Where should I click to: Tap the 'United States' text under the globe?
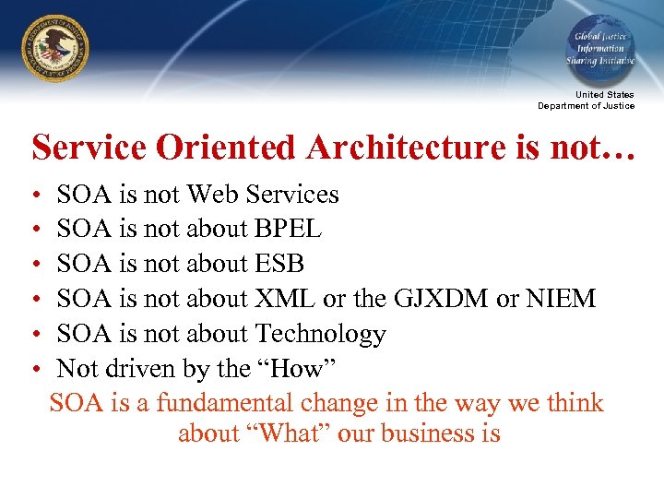tap(604, 95)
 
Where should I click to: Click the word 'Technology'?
tap(320, 334)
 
